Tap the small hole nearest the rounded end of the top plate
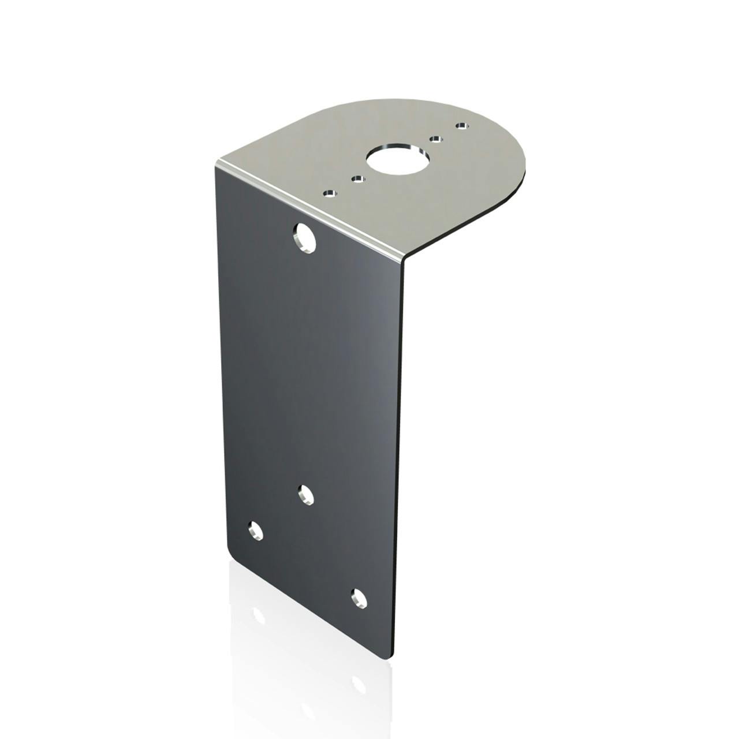[460, 125]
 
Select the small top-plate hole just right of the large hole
[436, 139]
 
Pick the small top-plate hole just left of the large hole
[359, 180]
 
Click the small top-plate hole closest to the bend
[330, 193]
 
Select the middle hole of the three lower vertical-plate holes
[305, 495]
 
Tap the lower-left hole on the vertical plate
[255, 530]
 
